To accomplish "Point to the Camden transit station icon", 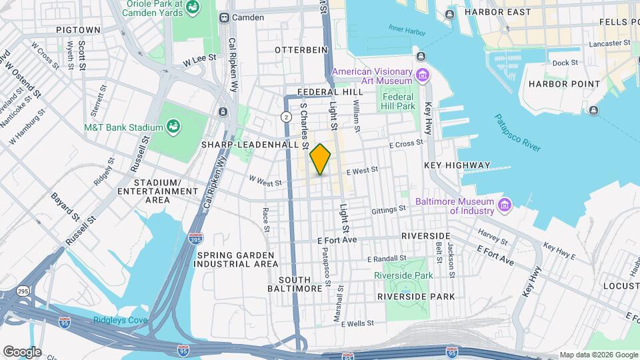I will (x=225, y=17).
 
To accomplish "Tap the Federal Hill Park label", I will (x=398, y=101).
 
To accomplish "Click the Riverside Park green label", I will (x=403, y=275).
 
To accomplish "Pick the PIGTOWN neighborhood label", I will (x=78, y=30).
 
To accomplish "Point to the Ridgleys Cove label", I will (x=121, y=321).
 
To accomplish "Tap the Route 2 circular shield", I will (x=286, y=117).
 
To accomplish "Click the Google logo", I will (x=22, y=351).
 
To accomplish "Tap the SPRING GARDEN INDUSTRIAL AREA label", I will (x=235, y=259).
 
